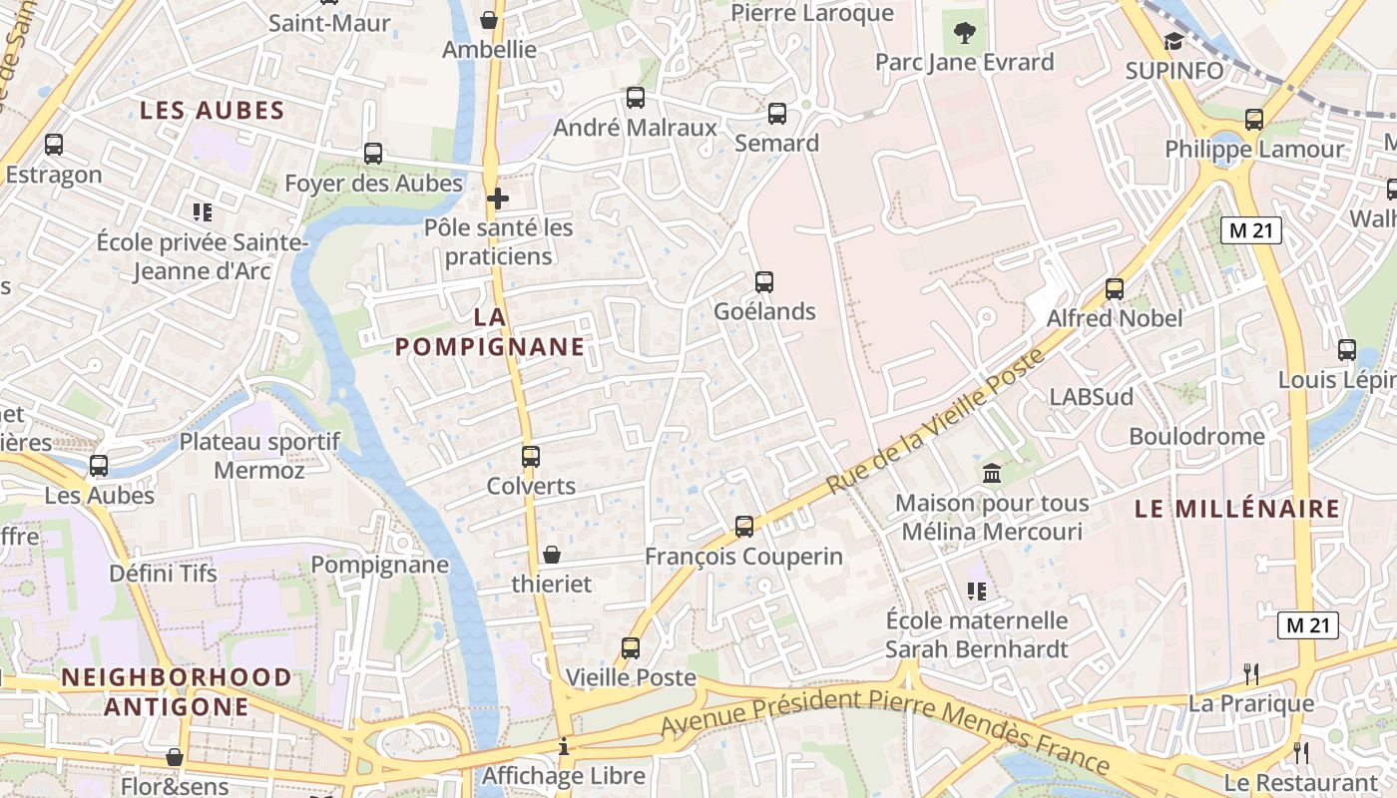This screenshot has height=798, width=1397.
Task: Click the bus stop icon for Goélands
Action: (x=764, y=282)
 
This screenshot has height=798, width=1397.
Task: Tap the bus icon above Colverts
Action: (x=531, y=457)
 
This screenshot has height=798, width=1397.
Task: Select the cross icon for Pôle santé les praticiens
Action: (x=498, y=199)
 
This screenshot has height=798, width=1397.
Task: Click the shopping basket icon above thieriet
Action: (x=552, y=554)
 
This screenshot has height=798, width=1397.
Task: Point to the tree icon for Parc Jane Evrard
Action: (x=964, y=33)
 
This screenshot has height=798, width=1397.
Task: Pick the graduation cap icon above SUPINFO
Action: (x=1173, y=41)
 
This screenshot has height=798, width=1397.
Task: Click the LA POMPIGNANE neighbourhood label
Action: (x=489, y=332)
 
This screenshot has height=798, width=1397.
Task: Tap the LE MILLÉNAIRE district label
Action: (x=1237, y=509)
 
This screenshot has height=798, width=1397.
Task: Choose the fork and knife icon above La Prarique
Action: (x=1251, y=674)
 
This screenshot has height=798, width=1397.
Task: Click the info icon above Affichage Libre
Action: (x=564, y=746)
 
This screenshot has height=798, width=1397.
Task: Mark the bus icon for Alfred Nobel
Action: (x=1115, y=289)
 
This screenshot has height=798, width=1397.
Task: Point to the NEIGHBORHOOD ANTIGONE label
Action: (x=177, y=692)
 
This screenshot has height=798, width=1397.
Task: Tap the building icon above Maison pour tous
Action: (x=992, y=473)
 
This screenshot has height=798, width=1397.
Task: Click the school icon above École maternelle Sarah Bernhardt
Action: (x=977, y=591)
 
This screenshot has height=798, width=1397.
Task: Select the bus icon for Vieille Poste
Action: (x=631, y=648)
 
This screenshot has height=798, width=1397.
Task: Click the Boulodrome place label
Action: (x=1196, y=436)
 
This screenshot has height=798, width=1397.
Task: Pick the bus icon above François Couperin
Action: (x=744, y=527)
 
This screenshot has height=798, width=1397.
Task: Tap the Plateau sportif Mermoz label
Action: (x=259, y=455)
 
